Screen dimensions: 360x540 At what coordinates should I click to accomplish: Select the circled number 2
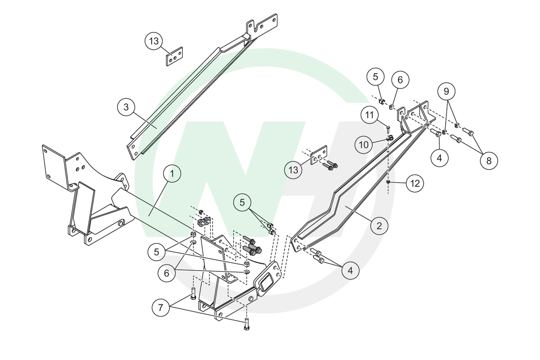(x=379, y=226)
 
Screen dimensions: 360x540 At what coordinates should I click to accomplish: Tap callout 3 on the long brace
(x=126, y=107)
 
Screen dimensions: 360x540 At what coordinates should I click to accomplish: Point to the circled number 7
(x=161, y=307)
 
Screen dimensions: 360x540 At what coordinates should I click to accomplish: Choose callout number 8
(x=488, y=161)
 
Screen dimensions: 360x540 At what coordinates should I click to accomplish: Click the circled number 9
(x=446, y=92)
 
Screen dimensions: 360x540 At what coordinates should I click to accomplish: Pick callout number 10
(x=364, y=145)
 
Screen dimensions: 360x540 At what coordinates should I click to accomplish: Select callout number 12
(x=415, y=183)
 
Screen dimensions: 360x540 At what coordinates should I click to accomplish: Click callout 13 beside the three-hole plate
(x=154, y=41)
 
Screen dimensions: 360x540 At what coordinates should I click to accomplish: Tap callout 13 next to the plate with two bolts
(x=293, y=170)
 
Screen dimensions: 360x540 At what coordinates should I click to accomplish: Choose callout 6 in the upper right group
(x=400, y=80)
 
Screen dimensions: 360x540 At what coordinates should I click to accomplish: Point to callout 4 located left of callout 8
(x=439, y=158)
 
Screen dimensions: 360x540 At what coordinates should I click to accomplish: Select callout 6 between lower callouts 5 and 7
(x=167, y=273)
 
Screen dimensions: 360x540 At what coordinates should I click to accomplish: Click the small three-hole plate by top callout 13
(x=175, y=57)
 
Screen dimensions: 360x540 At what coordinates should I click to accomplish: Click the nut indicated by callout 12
(x=388, y=182)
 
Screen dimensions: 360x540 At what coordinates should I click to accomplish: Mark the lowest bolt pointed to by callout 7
(x=246, y=326)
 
